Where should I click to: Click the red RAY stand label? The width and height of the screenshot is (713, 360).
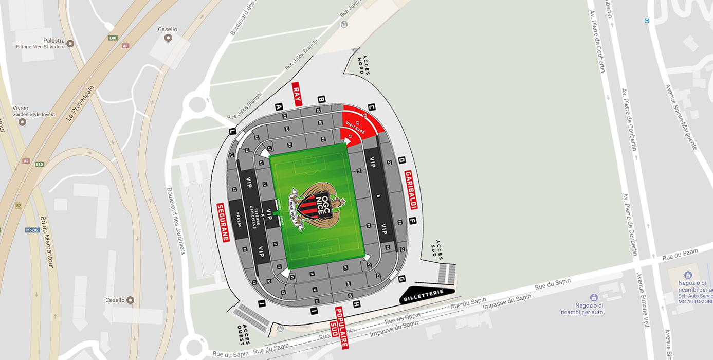pyautogui.click(x=297, y=94)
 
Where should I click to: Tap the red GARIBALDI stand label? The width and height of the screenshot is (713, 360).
pyautogui.click(x=411, y=190)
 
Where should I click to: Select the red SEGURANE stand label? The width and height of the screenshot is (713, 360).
pyautogui.click(x=223, y=222)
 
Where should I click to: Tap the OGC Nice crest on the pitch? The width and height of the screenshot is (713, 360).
pyautogui.click(x=317, y=205)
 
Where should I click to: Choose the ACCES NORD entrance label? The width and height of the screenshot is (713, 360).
pyautogui.click(x=363, y=65)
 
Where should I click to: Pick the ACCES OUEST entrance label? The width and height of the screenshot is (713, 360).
pyautogui.click(x=244, y=334)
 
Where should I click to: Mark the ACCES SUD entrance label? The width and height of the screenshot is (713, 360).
pyautogui.click(x=436, y=249)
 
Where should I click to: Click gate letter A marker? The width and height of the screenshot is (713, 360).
pyautogui.click(x=279, y=107)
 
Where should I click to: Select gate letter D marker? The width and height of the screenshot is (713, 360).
pyautogui.click(x=401, y=160)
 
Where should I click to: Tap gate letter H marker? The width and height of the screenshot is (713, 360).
pyautogui.click(x=356, y=304)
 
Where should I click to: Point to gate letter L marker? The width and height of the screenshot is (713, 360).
pyautogui.click(x=232, y=131)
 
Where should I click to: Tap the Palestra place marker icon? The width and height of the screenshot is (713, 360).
pyautogui.click(x=70, y=44)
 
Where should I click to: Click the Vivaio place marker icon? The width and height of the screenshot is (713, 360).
pyautogui.click(x=22, y=122)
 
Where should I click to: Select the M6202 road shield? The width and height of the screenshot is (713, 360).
pyautogui.click(x=32, y=230)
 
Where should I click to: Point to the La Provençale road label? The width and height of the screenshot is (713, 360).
pyautogui.click(x=80, y=103)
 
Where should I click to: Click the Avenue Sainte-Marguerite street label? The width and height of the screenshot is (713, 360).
pyautogui.click(x=681, y=117)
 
